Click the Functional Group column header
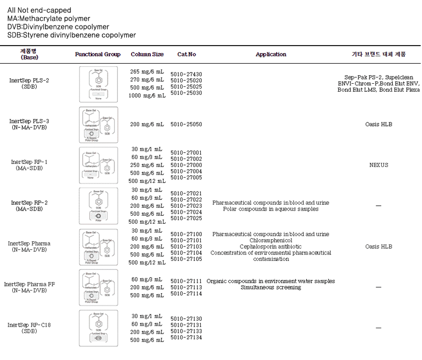coord(98,55)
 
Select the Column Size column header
coord(147,55)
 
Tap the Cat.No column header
coord(186,55)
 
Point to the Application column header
coord(271,55)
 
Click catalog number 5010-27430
coord(186,74)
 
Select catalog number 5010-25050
coord(186,125)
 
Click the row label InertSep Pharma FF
coord(30,284)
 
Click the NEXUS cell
coord(378,165)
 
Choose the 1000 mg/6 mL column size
coord(147,95)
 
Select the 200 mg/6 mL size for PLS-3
coord(147,125)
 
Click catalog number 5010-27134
coord(186,338)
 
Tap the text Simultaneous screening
coord(271,287)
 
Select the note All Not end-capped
coord(39,10)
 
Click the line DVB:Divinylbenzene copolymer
coord(58,27)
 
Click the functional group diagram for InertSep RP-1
coord(98,165)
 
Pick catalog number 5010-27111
coord(186,281)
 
